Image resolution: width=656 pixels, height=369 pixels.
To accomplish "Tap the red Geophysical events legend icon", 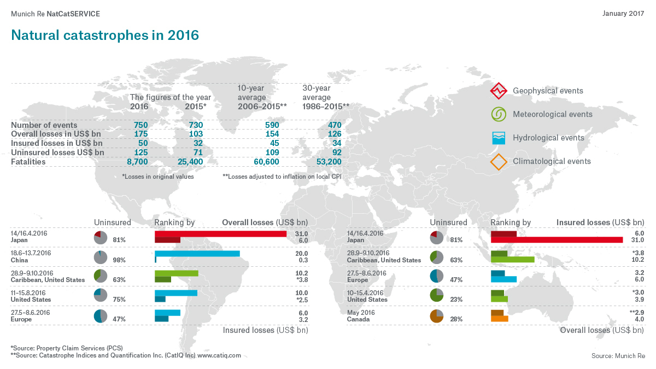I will click(497, 91).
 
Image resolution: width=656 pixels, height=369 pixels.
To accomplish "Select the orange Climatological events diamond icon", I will click(497, 162).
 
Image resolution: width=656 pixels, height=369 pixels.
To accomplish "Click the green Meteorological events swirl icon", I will click(497, 114).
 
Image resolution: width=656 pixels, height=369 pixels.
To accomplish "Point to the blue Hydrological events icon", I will click(497, 138).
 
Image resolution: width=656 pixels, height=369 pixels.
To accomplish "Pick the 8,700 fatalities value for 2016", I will click(134, 162).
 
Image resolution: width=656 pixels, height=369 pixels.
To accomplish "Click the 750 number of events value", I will click(140, 125).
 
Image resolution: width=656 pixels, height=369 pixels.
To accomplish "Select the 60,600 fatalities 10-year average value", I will click(265, 162).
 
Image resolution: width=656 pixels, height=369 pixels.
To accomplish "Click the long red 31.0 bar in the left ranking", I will click(220, 234).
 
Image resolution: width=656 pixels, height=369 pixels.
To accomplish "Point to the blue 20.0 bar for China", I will click(197, 253).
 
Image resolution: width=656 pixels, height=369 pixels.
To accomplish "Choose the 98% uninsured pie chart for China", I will click(100, 257).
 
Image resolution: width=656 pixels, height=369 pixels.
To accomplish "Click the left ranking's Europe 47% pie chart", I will click(100, 316).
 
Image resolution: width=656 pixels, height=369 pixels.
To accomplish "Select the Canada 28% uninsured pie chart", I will click(436, 316).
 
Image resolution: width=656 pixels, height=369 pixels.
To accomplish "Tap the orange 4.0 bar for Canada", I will click(500, 319).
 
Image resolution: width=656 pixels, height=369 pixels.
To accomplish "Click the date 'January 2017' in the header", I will click(623, 13).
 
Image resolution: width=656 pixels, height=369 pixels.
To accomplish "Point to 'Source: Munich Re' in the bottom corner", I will click(618, 356).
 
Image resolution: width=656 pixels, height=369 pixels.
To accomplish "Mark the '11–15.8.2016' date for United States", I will click(29, 292).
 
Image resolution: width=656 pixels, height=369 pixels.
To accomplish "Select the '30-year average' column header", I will click(317, 92).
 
